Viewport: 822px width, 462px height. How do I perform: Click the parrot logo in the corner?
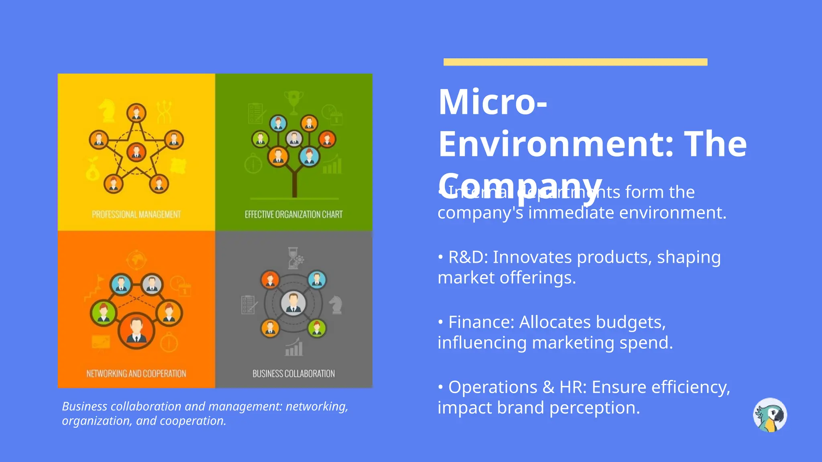pyautogui.click(x=770, y=415)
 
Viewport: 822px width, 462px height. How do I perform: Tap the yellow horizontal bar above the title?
pyautogui.click(x=575, y=62)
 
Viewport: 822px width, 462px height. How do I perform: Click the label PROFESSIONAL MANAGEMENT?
pyautogui.click(x=136, y=215)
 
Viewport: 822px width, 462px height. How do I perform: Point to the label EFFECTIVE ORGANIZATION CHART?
pyautogui.click(x=294, y=215)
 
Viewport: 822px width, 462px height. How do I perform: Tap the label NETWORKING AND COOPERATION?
pyautogui.click(x=136, y=374)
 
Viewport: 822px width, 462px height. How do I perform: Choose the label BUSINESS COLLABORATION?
pyautogui.click(x=294, y=374)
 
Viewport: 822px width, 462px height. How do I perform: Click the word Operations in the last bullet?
pyautogui.click(x=492, y=387)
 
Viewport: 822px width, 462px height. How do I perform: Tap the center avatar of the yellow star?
pyautogui.click(x=136, y=152)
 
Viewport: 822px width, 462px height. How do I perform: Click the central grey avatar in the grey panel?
pyautogui.click(x=293, y=304)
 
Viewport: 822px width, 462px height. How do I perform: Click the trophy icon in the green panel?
pyautogui.click(x=294, y=100)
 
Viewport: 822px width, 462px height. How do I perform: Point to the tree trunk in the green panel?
pyautogui.click(x=295, y=184)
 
